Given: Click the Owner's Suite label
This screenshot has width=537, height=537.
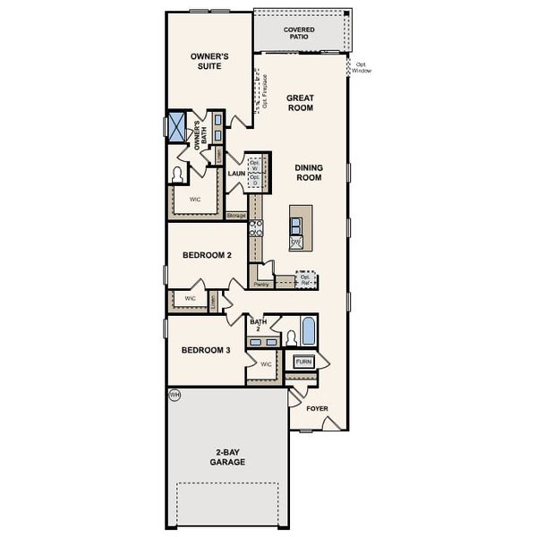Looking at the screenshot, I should coord(210,60).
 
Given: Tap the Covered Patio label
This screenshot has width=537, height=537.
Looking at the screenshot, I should coord(299,33).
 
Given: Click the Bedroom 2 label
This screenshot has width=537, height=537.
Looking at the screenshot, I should coord(207,255).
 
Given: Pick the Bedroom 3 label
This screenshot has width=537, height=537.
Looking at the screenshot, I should coord(207,350).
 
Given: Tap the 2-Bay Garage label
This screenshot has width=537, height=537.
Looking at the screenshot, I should coord(229,457).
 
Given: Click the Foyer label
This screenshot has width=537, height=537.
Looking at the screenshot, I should coord(318,408).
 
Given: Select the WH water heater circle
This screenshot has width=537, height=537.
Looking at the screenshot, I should coord(174,394).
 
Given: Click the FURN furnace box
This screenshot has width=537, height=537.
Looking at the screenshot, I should coord(304,362).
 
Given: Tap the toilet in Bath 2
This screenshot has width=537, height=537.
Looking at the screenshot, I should coord(290,337).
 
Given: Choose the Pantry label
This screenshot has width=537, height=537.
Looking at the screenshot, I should coord(261,284).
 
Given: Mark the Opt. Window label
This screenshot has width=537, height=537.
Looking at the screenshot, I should coord(361,67).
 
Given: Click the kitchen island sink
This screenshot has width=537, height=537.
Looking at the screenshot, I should coord(296,226).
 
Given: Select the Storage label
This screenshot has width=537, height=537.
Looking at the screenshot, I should coord(236,216).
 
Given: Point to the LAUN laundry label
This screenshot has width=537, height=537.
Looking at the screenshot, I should coord(236,173).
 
